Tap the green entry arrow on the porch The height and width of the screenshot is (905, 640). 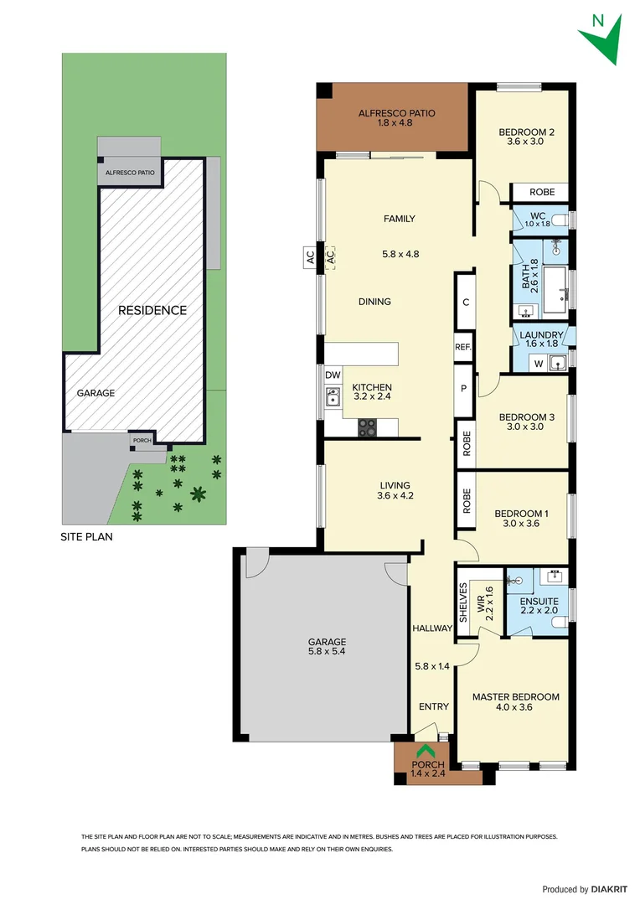point(426,752)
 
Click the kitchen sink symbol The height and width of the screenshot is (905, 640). point(333,397)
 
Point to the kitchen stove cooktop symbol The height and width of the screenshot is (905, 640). point(368,428)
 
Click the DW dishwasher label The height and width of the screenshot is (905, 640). point(333,375)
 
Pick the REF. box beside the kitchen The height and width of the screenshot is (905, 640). point(464,347)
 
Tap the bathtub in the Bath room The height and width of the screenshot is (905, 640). point(555,280)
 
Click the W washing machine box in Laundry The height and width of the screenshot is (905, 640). point(537,363)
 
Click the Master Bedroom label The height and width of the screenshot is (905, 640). point(515,696)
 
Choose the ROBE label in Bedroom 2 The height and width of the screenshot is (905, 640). point(541,192)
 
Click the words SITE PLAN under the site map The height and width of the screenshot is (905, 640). point(87,537)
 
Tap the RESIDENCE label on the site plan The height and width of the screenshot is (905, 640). point(152,310)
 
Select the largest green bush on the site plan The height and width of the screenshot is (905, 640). point(198,494)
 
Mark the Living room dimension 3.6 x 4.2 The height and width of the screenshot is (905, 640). point(395,496)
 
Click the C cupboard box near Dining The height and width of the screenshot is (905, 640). point(465,303)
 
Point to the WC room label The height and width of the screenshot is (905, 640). point(538,215)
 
